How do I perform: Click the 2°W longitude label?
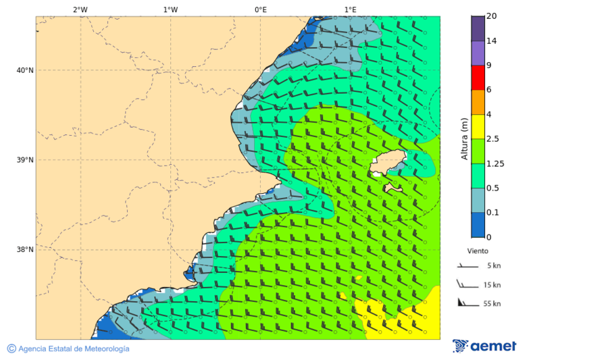point(80,9)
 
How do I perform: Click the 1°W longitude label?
point(170,9)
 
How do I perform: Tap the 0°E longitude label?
point(260,9)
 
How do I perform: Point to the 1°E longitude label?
point(350,9)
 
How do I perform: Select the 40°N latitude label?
point(25,70)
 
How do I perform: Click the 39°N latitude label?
point(25,160)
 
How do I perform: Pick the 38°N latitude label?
point(25,250)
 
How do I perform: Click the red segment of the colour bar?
point(478,78)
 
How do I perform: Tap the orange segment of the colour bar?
point(478,102)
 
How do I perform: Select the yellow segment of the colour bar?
point(478,126)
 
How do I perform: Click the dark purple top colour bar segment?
point(478,28)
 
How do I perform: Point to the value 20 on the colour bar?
point(492,16)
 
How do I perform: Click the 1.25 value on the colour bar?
point(495,163)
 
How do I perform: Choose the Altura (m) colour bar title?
point(464,138)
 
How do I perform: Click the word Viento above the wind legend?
point(478,251)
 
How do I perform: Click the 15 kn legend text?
point(492,285)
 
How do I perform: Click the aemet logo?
point(484,346)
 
